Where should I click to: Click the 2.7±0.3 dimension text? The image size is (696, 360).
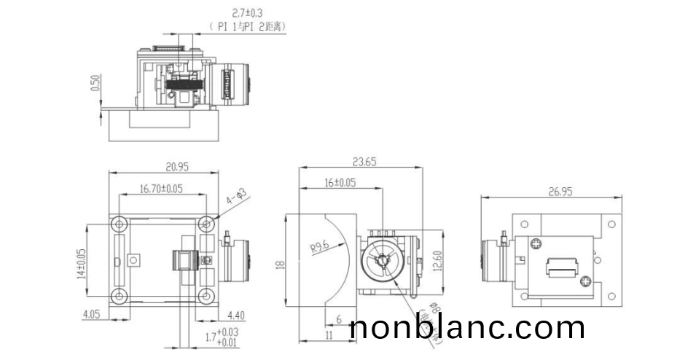[228, 12]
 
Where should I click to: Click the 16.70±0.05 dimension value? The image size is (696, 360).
[161, 189]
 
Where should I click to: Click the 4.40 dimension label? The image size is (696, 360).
[238, 316]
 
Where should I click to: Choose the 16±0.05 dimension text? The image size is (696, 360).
[340, 183]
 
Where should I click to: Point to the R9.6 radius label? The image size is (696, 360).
[321, 248]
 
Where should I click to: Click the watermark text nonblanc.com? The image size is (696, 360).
[467, 327]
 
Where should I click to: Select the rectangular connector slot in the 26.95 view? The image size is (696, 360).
[563, 268]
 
